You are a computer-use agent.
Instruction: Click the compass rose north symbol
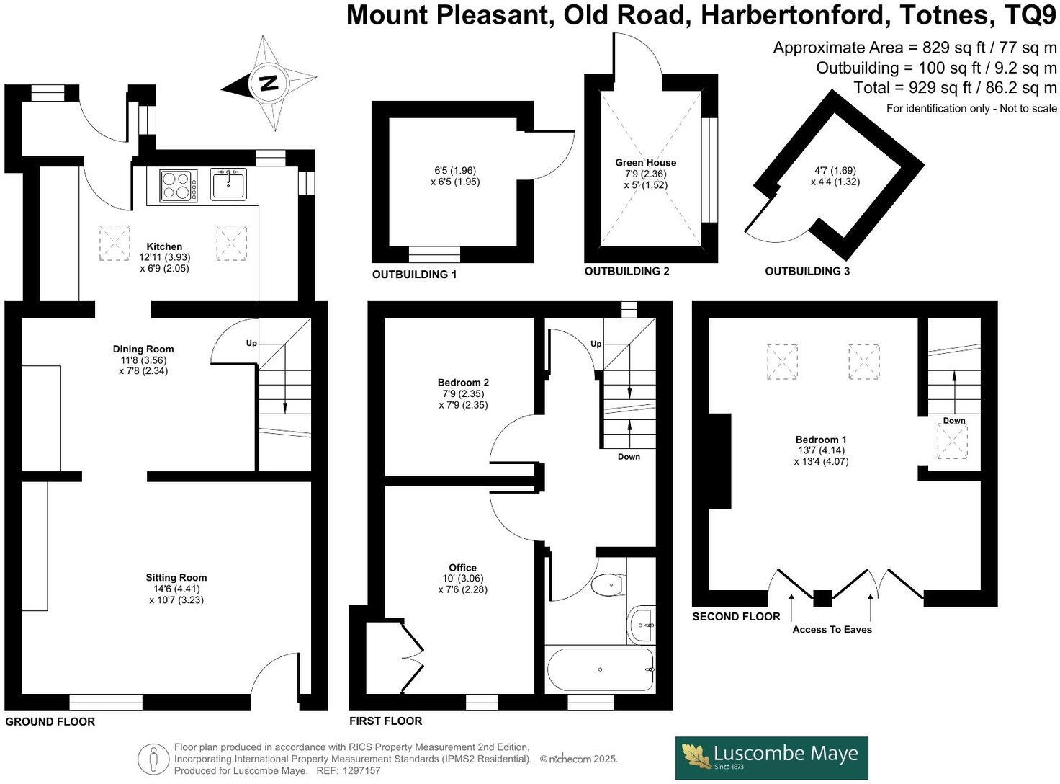(269, 83)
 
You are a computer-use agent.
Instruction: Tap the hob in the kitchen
(178, 185)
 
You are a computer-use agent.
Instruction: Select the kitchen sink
(228, 184)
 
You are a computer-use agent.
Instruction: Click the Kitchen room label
(164, 246)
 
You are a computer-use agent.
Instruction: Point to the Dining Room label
(143, 349)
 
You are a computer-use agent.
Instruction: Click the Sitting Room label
(176, 577)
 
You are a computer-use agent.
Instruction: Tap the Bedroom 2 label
(463, 383)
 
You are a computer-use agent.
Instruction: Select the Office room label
(462, 568)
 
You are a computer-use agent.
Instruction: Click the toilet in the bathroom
(608, 584)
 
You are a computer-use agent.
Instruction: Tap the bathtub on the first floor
(601, 669)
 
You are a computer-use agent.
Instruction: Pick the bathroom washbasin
(641, 625)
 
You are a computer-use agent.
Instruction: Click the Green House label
(645, 163)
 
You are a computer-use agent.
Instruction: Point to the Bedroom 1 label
(821, 440)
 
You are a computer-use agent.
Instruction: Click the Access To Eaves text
(832, 630)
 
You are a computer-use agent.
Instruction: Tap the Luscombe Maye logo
(771, 757)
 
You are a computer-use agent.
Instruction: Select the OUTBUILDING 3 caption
(807, 272)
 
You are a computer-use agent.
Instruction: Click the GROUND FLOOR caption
(50, 721)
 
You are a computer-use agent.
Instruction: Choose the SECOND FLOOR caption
(736, 617)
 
